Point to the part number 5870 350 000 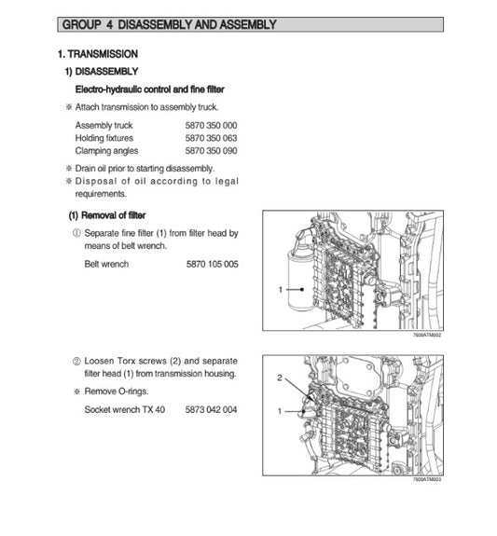[211, 124]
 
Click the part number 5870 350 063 [211, 137]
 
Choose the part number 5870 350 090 [211, 150]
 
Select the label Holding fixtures [104, 137]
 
